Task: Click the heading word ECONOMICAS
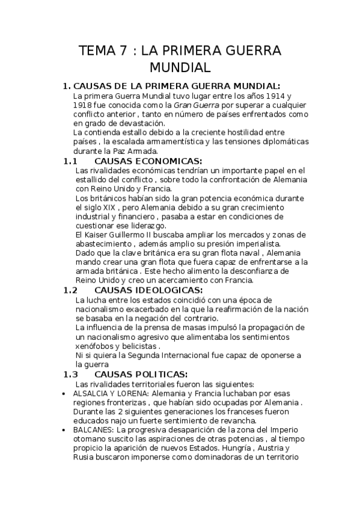click(x=168, y=161)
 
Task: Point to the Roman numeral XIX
click(x=108, y=206)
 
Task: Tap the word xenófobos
click(x=97, y=346)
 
